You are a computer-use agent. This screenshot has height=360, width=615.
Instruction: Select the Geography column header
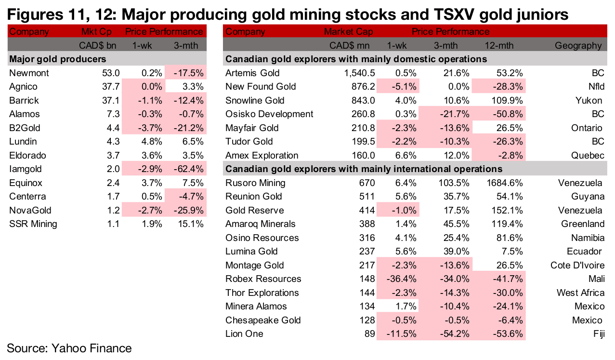578,46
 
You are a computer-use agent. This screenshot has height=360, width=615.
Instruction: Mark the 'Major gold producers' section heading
58,59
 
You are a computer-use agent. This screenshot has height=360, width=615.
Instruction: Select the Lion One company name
244,334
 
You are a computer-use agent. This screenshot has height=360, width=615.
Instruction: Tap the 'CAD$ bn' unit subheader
101,46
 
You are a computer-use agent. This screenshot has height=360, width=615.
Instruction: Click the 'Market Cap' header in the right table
349,32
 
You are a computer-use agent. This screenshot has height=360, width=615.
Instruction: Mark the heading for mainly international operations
364,169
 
